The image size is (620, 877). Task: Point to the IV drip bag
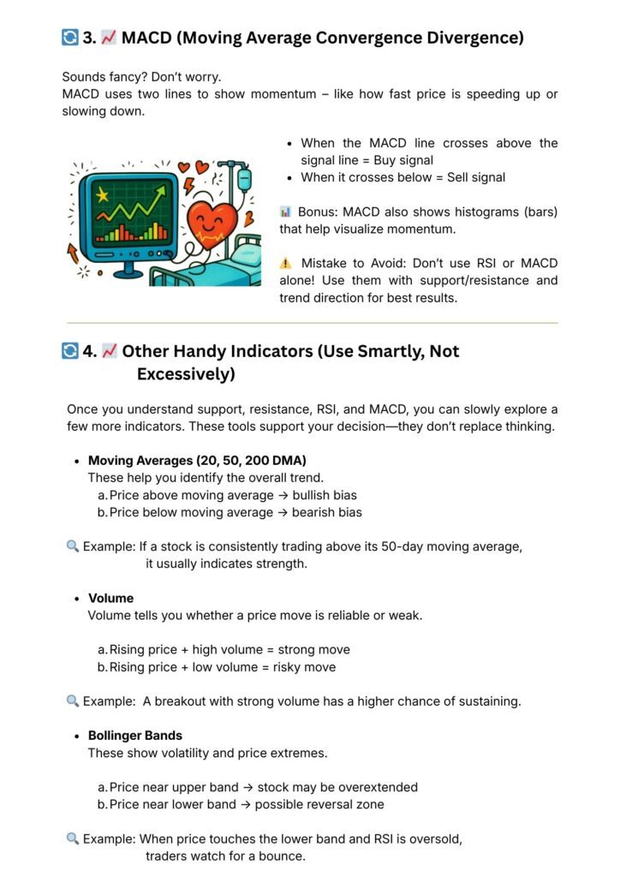point(243,180)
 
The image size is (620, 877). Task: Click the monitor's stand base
point(128,272)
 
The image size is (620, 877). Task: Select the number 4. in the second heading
point(89,351)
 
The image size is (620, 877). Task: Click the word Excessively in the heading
point(186,374)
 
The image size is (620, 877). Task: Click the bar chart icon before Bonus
point(286,212)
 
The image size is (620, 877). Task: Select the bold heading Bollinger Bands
point(135,736)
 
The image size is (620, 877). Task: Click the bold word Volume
point(111,599)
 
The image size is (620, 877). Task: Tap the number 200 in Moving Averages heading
point(256,461)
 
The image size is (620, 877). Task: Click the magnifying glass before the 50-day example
point(73,546)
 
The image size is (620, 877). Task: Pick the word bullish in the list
point(313,495)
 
